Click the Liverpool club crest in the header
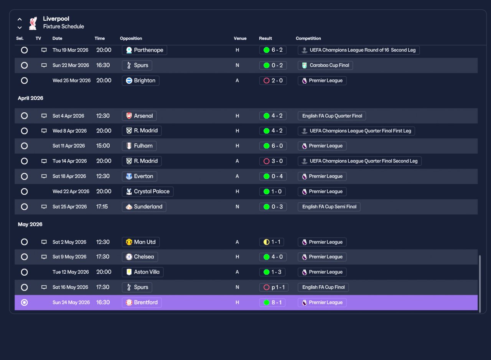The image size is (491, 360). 33,23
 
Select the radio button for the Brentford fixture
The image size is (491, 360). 24,302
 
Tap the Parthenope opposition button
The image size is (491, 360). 145,50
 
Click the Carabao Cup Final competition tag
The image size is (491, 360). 325,65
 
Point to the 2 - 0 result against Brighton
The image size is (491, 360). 273,81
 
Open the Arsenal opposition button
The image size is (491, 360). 139,116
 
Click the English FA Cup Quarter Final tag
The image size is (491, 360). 332,116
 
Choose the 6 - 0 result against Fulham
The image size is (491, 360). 273,146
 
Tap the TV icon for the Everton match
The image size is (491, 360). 44,176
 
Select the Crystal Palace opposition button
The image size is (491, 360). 148,192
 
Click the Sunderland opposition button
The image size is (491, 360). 144,207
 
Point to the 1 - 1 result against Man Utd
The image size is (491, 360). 272,242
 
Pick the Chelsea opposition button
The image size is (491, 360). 140,257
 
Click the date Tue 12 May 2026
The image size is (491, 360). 71,272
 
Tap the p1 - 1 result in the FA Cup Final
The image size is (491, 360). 274,287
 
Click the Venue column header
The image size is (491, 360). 240,38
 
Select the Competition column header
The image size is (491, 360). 308,38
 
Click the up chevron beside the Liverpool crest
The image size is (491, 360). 20,19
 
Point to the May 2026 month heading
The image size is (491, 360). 30,224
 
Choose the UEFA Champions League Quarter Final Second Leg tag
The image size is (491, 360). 359,161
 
